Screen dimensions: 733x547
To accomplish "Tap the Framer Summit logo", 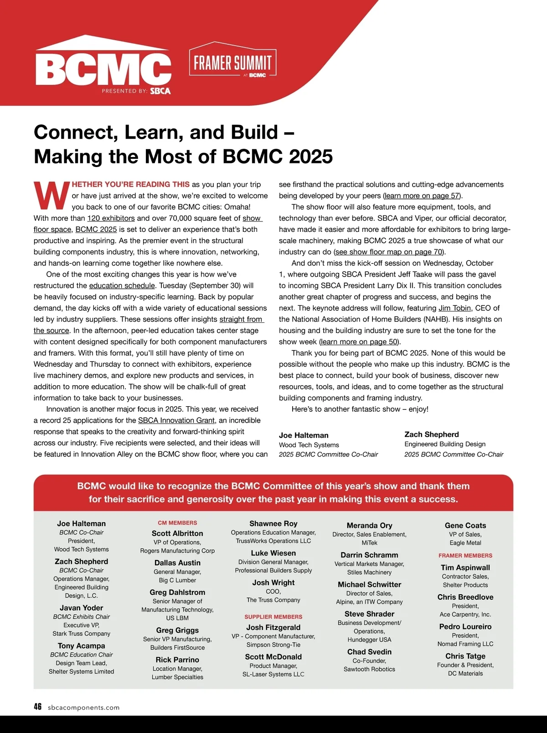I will [232, 62].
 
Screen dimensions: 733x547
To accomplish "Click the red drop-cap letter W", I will [52, 195].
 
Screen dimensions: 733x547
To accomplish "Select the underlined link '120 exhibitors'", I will [111, 218].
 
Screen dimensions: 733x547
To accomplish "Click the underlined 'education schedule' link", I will [122, 286].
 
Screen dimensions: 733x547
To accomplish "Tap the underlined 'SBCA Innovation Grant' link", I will [176, 420].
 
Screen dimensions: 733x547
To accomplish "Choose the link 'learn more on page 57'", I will [422, 196].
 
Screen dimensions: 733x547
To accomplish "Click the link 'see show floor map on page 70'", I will [389, 252].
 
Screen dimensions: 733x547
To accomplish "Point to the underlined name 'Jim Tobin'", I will [455, 308].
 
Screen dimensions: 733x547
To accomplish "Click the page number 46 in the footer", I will [37, 707].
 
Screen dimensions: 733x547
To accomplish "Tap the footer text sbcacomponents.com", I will [83, 708].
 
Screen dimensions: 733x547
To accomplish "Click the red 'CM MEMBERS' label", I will [177, 523].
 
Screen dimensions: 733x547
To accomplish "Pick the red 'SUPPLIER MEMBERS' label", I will [273, 617].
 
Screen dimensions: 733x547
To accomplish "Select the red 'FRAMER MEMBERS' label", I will [465, 556].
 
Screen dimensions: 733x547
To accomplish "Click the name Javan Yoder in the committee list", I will [82, 608].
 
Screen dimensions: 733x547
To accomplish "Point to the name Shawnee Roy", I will [273, 524].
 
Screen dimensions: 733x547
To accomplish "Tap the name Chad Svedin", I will [369, 652].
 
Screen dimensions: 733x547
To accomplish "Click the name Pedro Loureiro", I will [465, 627].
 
